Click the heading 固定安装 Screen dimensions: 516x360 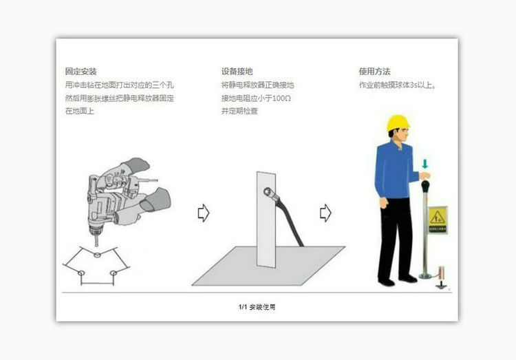pyautogui.click(x=80, y=72)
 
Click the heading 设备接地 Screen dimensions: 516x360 pyautogui.click(x=237, y=72)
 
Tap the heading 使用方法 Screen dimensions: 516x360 pyautogui.click(x=374, y=72)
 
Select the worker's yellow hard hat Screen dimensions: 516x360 pyautogui.click(x=397, y=123)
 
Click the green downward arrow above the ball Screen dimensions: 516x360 pyautogui.click(x=425, y=164)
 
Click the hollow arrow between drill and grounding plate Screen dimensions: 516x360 pyautogui.click(x=204, y=213)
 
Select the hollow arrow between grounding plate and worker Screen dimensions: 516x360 pyautogui.click(x=325, y=213)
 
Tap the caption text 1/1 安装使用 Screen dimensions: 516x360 pyautogui.click(x=257, y=306)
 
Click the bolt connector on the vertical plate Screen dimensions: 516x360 pyautogui.click(x=267, y=195)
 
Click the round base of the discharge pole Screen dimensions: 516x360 pyautogui.click(x=426, y=276)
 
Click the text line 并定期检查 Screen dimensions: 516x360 pyautogui.click(x=239, y=111)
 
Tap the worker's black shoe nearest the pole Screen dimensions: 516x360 pyautogui.click(x=409, y=278)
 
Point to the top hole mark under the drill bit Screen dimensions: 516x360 pyautogui.click(x=97, y=255)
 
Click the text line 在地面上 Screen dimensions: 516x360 pyautogui.click(x=79, y=111)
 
